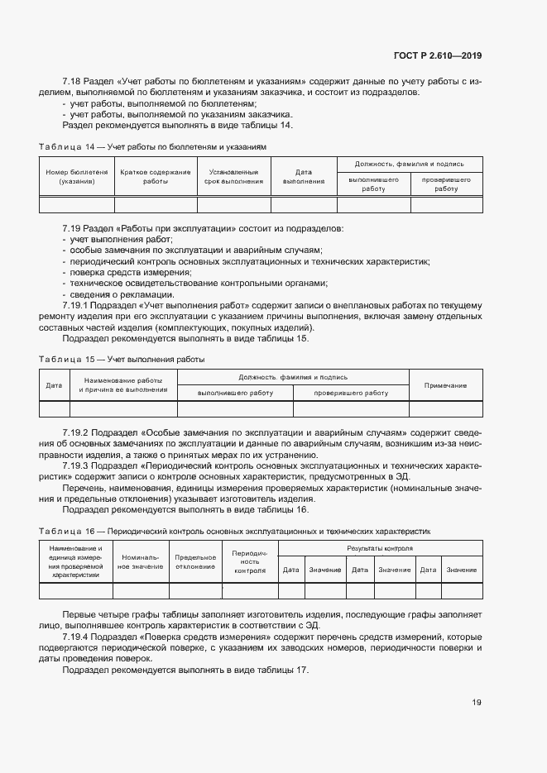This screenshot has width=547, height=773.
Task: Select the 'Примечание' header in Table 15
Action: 445,385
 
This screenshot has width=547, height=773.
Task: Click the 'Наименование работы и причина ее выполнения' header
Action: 122,384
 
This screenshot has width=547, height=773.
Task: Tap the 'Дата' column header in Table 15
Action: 54,385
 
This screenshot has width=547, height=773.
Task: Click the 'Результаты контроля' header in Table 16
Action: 380,548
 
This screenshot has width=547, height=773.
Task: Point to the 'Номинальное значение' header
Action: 141,562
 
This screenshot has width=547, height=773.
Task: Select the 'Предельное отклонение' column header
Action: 195,562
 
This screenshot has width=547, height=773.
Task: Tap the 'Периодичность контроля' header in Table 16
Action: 249,562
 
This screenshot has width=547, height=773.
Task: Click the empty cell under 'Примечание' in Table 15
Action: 445,409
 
